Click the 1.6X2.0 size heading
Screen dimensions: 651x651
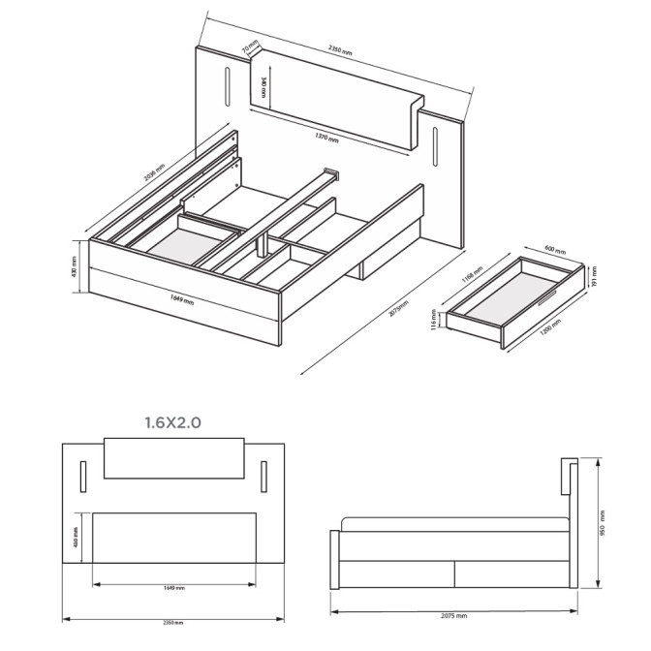tap(173, 422)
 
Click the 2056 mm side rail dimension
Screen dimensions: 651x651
tap(154, 171)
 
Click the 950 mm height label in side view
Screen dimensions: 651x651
tap(602, 525)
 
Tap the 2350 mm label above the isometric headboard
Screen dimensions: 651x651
tap(339, 48)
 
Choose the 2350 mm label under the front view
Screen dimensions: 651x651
tap(174, 623)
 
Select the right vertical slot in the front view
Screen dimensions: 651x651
tap(263, 475)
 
